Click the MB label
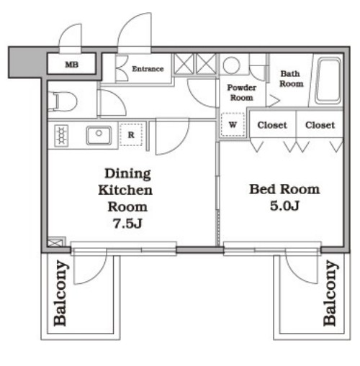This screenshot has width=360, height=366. [72, 65]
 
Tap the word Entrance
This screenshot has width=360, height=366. [148, 69]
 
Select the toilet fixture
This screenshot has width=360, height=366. [63, 102]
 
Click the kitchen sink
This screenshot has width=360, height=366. [99, 135]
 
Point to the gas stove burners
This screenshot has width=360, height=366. [61, 135]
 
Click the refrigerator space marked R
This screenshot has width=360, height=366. [131, 135]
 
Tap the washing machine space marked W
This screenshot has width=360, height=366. [233, 124]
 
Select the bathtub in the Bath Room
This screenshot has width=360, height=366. [328, 81]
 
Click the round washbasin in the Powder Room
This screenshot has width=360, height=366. [231, 65]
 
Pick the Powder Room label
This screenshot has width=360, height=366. [241, 93]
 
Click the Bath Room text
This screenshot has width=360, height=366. [291, 78]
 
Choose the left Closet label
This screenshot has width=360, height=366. [272, 125]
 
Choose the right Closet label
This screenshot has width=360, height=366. [320, 125]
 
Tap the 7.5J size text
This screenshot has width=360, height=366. [127, 224]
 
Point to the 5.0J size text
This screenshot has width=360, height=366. [284, 206]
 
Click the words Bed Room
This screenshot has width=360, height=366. [284, 189]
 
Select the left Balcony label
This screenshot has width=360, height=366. [60, 293]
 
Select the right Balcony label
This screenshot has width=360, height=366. [330, 293]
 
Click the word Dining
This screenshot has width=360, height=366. [127, 174]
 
